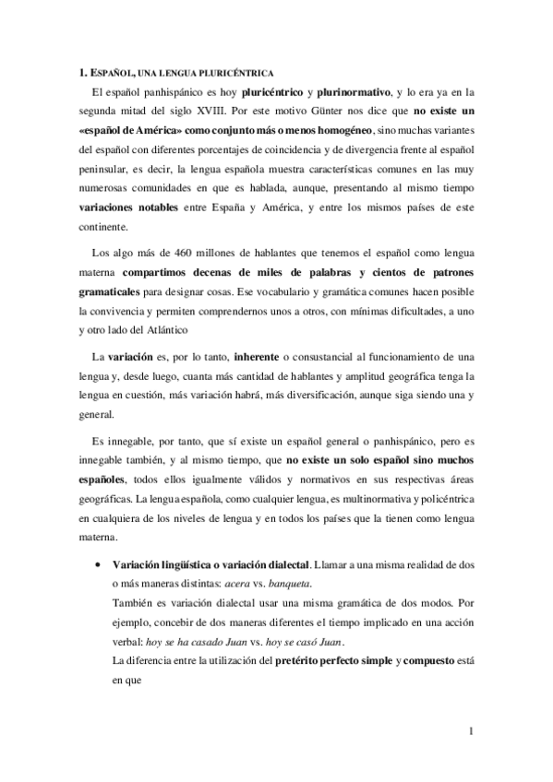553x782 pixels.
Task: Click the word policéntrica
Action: click(441, 498)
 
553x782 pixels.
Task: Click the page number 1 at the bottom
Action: click(471, 733)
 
